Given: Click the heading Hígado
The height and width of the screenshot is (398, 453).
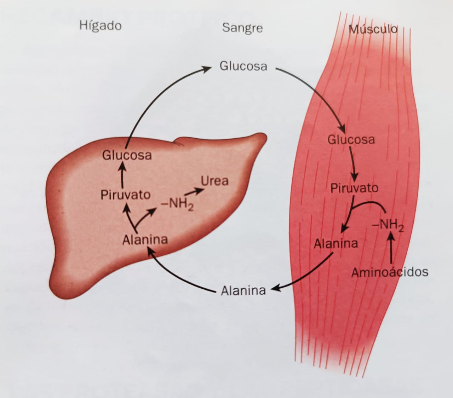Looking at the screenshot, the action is [101, 26].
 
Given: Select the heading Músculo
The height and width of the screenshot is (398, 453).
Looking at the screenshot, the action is [373, 29].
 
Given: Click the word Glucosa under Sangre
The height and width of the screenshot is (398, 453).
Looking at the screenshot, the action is [243, 66].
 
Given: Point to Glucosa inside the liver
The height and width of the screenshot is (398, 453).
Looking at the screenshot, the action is [127, 155].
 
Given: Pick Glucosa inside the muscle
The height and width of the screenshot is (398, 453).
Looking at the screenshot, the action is [351, 140].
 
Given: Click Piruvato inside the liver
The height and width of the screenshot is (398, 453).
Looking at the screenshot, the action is [125, 195].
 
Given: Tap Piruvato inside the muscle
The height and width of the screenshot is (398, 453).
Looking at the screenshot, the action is [354, 188].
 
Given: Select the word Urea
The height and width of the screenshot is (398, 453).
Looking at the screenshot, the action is [215, 181].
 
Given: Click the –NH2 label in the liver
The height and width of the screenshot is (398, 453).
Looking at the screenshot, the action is [177, 204].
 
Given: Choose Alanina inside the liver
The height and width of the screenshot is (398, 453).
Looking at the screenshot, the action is [145, 240].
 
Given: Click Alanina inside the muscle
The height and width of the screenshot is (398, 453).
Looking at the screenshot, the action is [336, 243].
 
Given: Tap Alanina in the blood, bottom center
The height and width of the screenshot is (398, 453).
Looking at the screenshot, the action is [243, 291].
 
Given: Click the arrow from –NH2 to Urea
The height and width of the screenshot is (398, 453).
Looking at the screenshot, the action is [194, 192].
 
